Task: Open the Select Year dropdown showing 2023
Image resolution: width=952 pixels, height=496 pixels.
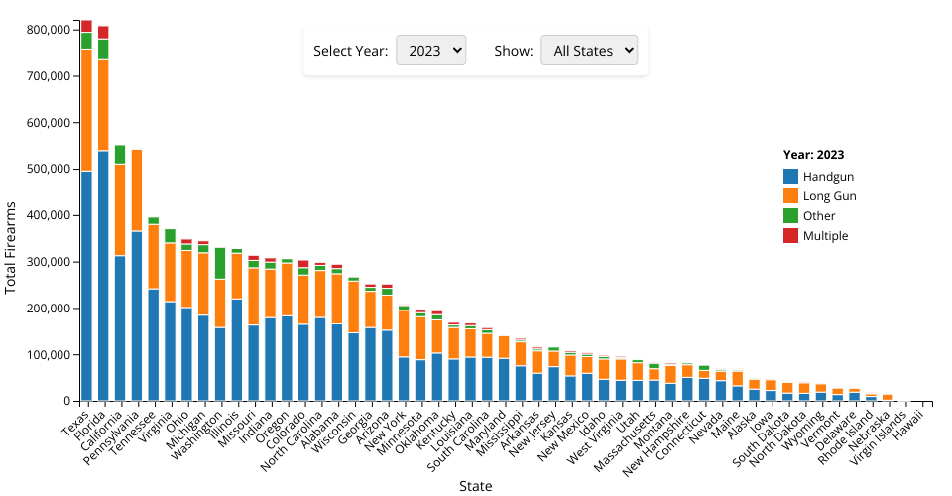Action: [430, 51]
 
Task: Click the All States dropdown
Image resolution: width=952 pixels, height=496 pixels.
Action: [588, 51]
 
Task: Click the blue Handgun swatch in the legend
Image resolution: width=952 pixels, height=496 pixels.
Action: [791, 176]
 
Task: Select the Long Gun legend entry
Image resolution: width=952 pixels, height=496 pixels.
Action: [829, 196]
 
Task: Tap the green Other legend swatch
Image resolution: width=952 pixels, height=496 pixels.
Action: [791, 216]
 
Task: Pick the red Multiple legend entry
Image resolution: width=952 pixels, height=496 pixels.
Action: [825, 236]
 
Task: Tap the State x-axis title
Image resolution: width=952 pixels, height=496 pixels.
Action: [476, 486]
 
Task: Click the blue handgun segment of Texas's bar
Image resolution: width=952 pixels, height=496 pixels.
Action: [86, 288]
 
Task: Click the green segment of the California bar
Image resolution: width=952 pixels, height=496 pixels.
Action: [120, 154]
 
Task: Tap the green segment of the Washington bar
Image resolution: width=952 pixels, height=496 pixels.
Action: [220, 263]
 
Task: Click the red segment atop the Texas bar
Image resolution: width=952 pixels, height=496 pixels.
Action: [86, 26]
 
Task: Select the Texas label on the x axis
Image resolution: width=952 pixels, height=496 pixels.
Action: [75, 418]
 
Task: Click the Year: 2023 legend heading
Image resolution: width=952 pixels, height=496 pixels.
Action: [813, 155]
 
